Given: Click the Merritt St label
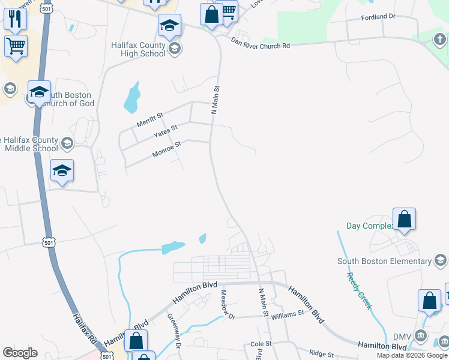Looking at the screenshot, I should [150, 119].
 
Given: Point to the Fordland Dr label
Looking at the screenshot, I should [378, 17].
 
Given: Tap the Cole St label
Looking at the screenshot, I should [261, 344].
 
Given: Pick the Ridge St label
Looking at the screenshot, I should [322, 355].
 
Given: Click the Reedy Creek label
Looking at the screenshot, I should [359, 291].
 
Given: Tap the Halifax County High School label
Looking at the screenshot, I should [138, 49].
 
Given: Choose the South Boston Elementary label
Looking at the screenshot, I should [384, 261].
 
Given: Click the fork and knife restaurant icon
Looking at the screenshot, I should [16, 19].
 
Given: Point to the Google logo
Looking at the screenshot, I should [20, 353].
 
